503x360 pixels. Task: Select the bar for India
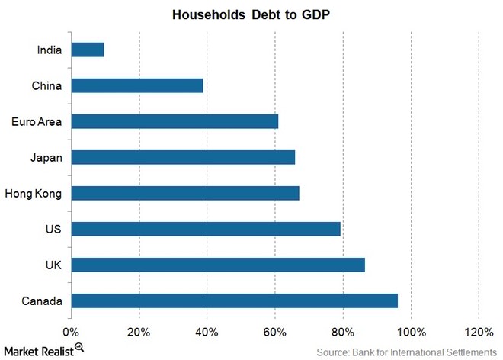[x=87, y=50]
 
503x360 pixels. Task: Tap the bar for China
[x=137, y=85]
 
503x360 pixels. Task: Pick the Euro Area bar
[x=175, y=121]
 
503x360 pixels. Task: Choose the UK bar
[x=218, y=265]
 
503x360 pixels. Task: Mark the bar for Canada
[x=234, y=301]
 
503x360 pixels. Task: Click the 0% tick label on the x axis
[x=71, y=333]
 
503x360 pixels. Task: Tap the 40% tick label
[x=207, y=333]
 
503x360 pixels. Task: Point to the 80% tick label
[x=342, y=333]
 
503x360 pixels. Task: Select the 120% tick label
[x=478, y=333]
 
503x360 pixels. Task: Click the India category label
[x=50, y=50]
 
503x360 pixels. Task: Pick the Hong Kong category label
[x=34, y=193]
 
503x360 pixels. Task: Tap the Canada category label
[x=43, y=301]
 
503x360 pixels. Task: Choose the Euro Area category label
[x=37, y=121]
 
